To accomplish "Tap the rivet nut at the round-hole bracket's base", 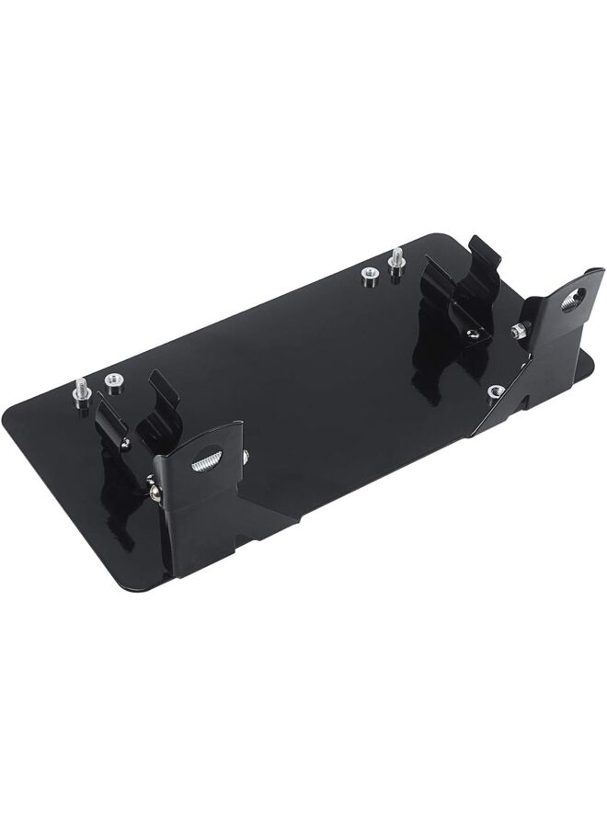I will pos(496,391).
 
